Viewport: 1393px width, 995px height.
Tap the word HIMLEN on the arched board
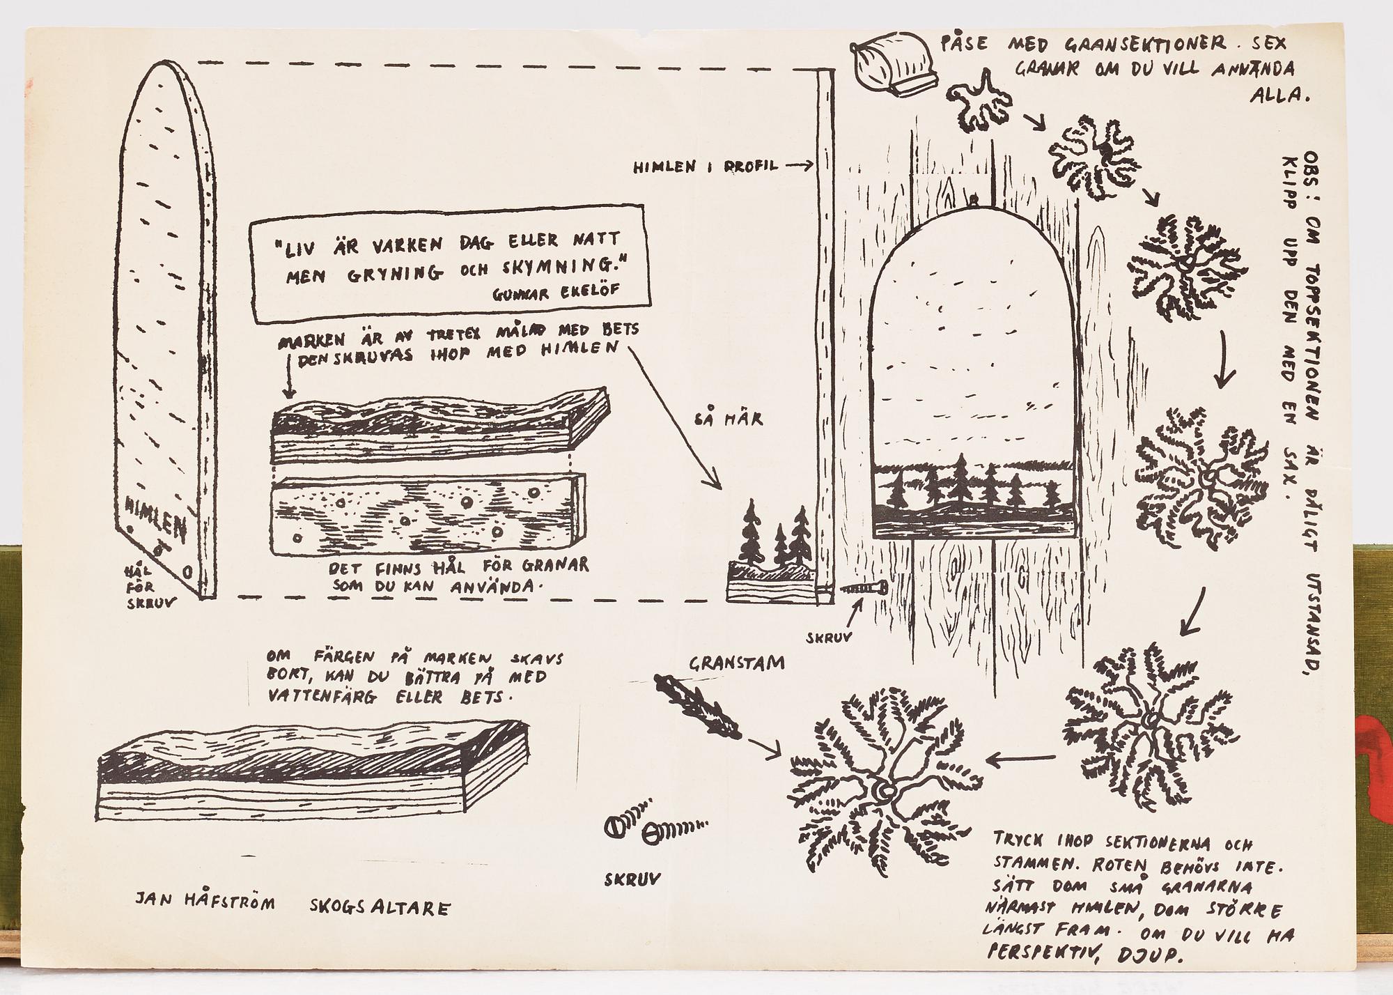click(157, 520)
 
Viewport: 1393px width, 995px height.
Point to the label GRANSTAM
click(736, 663)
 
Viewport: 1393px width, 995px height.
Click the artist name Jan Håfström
click(205, 904)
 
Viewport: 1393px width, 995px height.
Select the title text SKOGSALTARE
click(380, 907)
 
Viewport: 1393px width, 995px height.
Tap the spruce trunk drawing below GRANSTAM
click(698, 706)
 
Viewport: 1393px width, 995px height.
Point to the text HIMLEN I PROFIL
click(705, 167)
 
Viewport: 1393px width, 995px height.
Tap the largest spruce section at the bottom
click(882, 789)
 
